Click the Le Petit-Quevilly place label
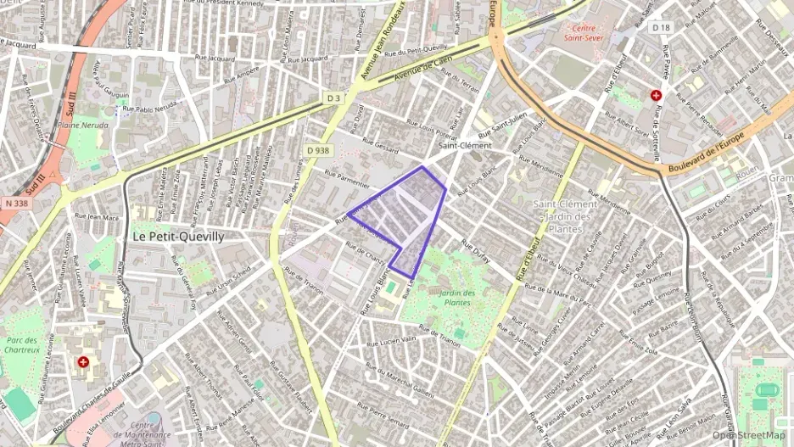click(x=179, y=237)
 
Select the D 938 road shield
click(x=317, y=150)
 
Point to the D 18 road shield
click(x=662, y=28)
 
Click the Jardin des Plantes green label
click(x=456, y=298)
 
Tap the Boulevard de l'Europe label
click(x=706, y=154)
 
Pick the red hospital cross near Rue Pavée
click(x=656, y=96)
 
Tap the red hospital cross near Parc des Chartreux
click(x=82, y=362)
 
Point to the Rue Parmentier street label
click(x=347, y=177)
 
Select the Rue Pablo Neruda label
click(x=149, y=109)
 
